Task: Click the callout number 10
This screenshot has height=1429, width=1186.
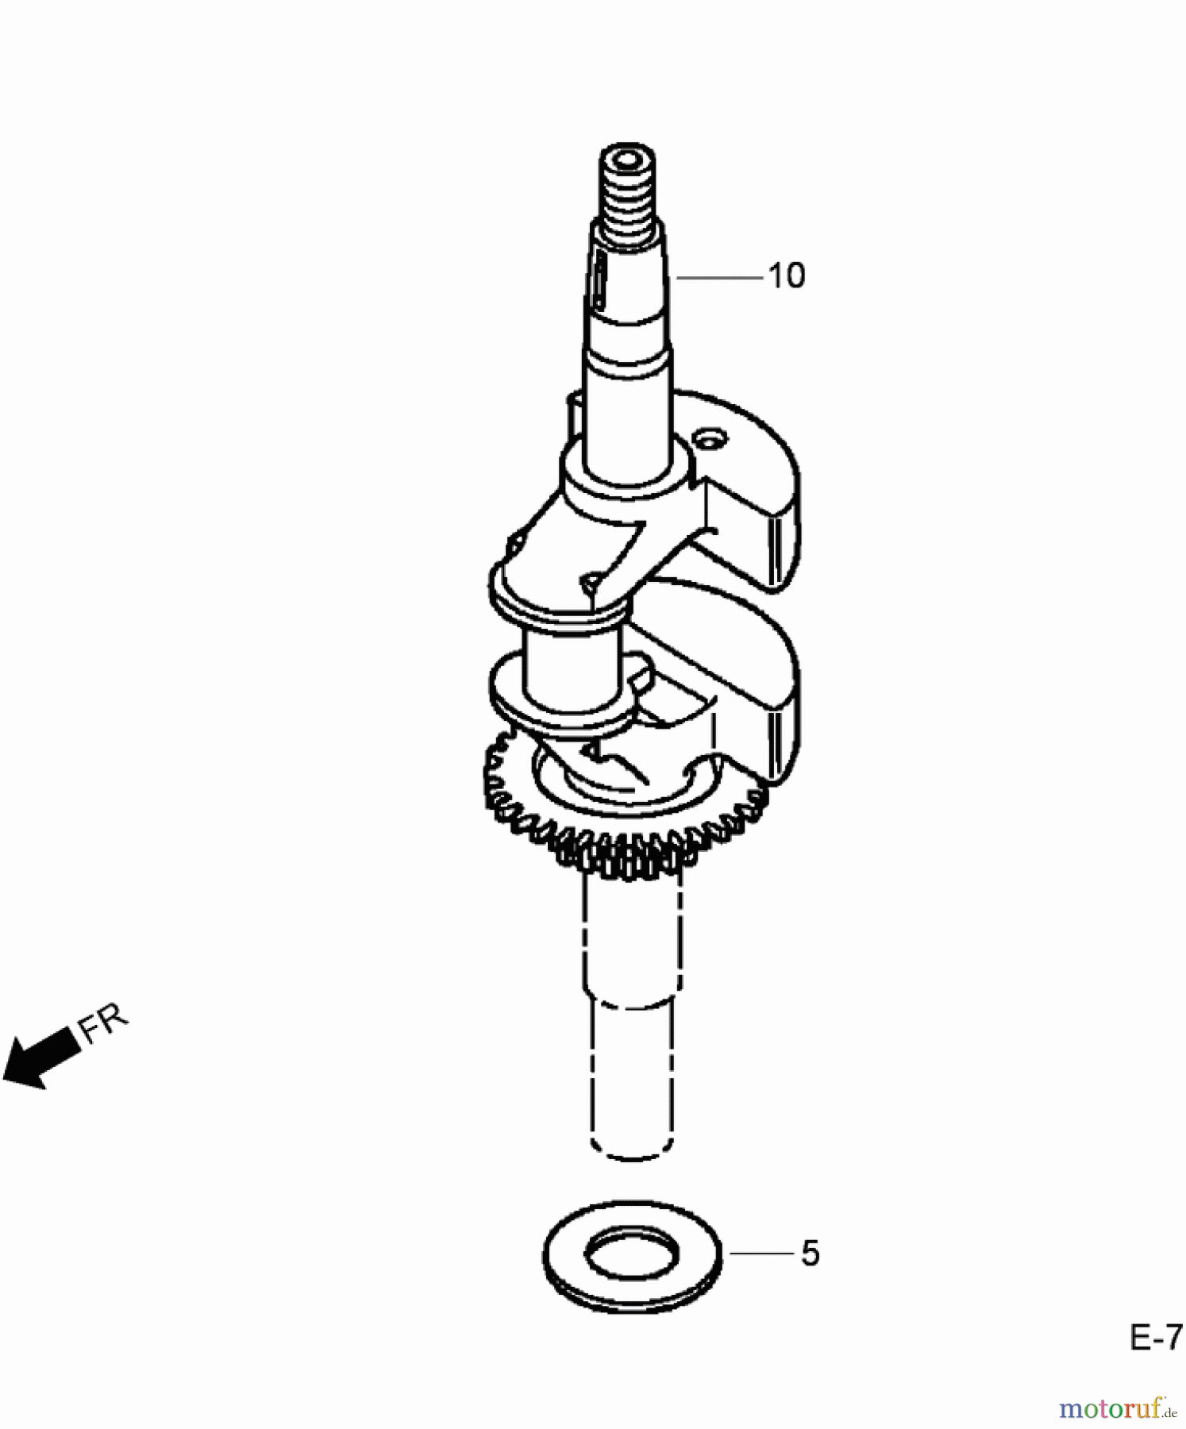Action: (x=787, y=276)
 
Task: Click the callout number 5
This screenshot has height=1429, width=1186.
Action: (x=810, y=1254)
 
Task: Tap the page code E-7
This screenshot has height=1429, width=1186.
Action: (x=1156, y=1338)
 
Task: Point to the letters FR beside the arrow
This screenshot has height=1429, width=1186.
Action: (x=103, y=1024)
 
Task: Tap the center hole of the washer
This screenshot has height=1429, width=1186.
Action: (x=632, y=1255)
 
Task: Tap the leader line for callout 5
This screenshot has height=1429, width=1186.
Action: (x=761, y=1254)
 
